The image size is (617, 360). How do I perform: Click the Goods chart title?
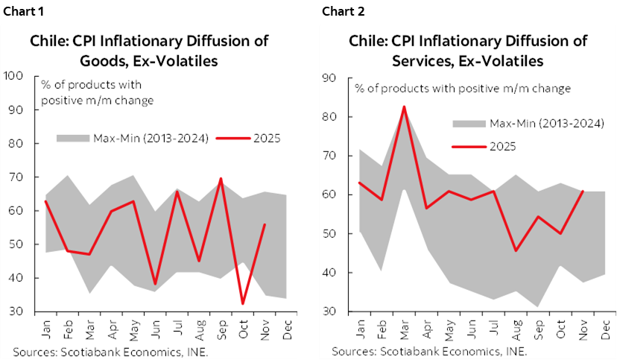click(149, 51)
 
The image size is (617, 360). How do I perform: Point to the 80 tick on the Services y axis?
click(329, 117)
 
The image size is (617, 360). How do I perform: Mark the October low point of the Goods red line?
click(244, 303)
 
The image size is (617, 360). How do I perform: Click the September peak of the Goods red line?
click(221, 179)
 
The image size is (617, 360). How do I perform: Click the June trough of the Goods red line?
click(156, 284)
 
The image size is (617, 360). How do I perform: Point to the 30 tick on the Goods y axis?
click(15, 312)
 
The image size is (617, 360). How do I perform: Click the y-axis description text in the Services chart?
click(463, 89)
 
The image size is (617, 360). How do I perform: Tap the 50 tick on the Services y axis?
click(329, 233)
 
